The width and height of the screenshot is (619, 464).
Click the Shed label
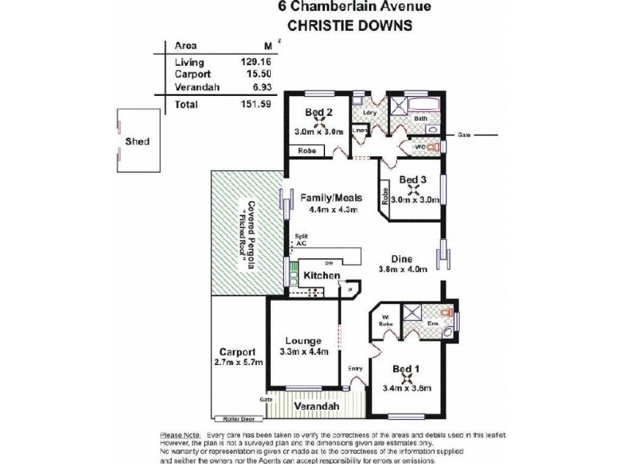(136, 142)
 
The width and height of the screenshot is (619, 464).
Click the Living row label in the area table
(190, 62)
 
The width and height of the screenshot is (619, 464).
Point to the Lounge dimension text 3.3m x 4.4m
(303, 352)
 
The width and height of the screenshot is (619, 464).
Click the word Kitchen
(321, 275)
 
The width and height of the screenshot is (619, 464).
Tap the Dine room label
(401, 259)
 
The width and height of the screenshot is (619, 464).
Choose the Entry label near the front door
(355, 368)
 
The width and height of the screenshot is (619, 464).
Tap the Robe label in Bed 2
(304, 151)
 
